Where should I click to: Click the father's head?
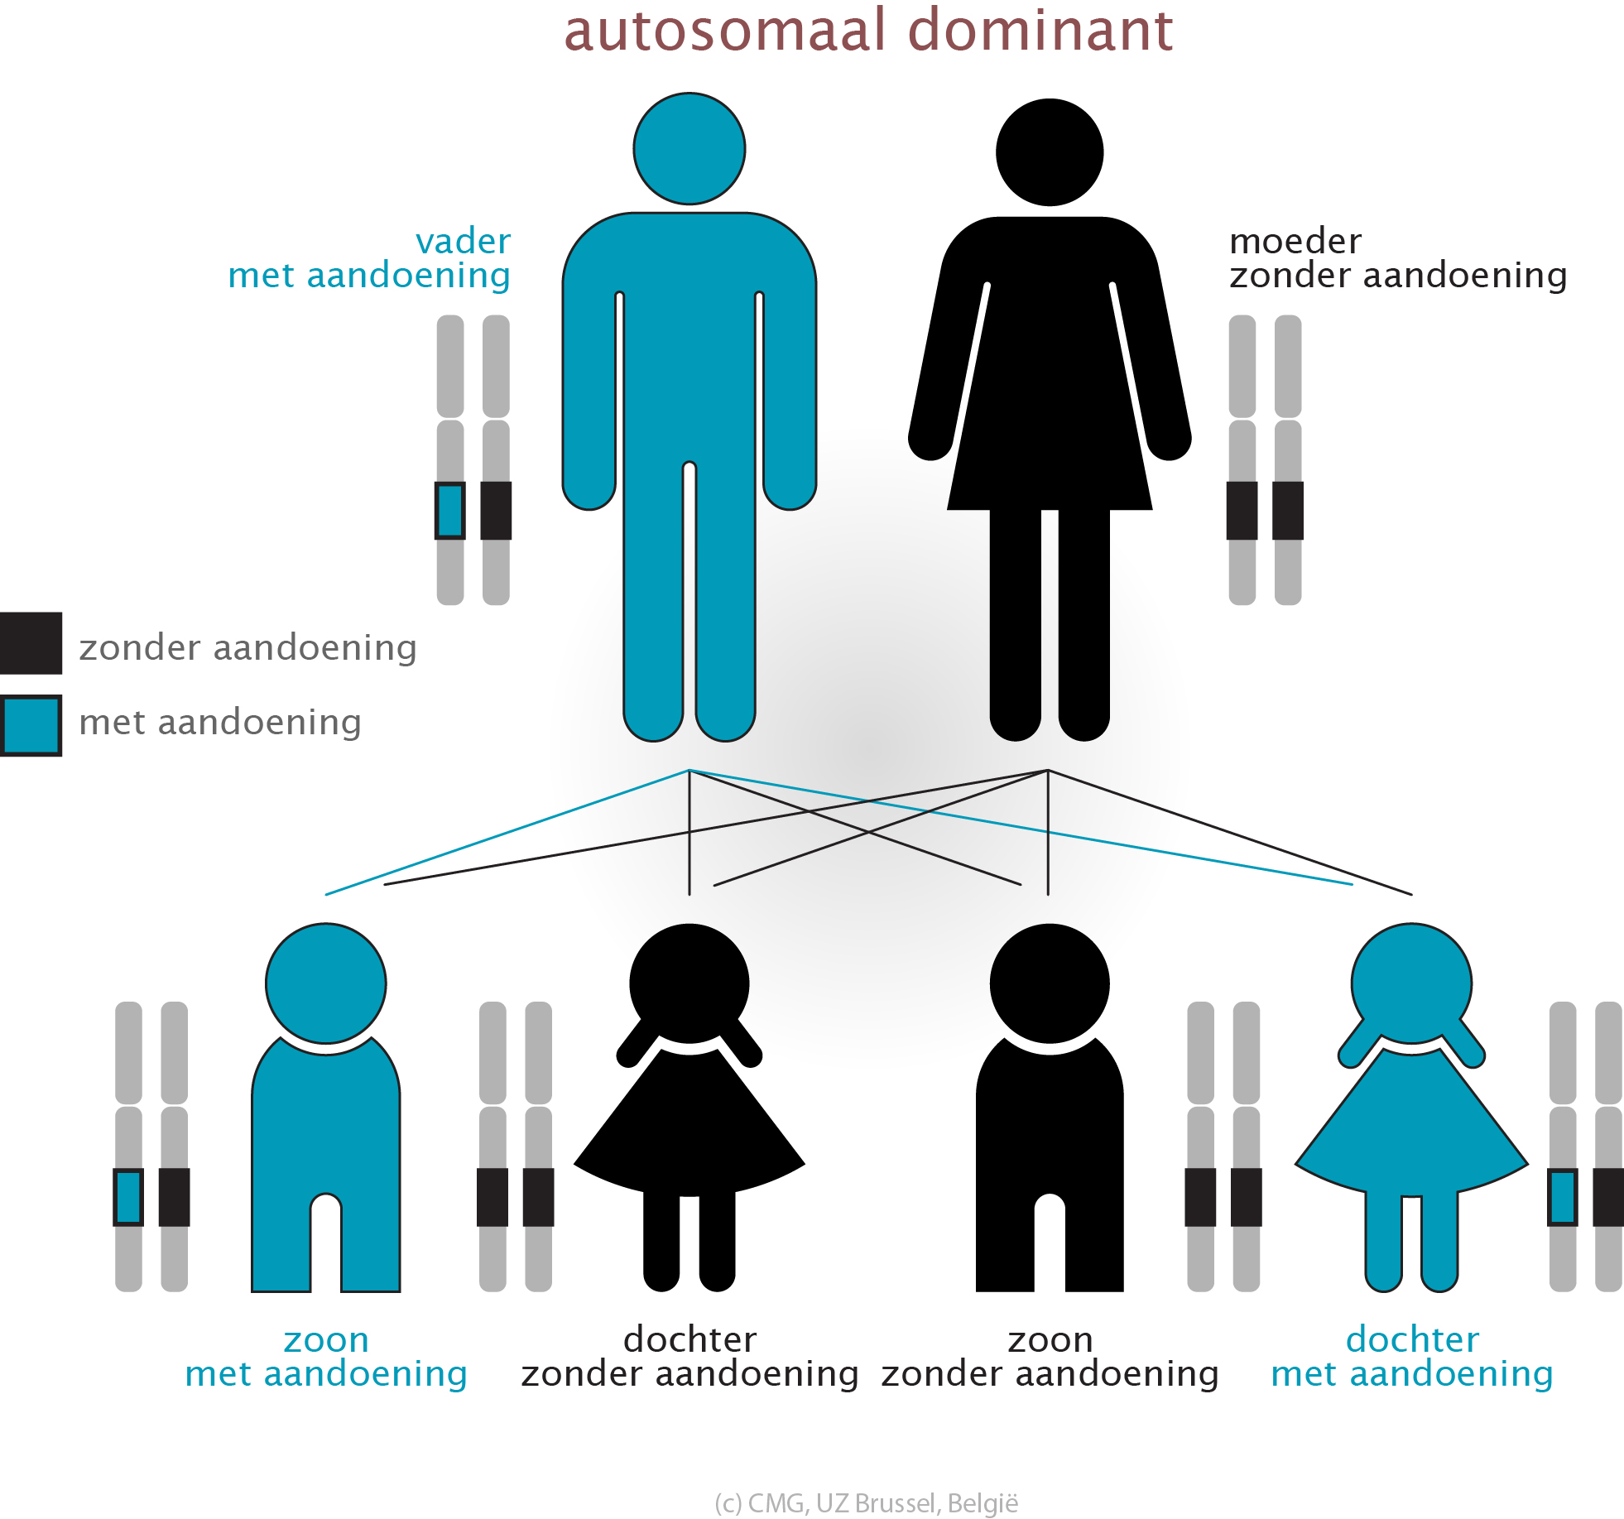point(689,149)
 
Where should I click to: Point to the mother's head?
point(1049,152)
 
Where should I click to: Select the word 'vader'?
point(463,241)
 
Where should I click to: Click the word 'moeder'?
point(1295,241)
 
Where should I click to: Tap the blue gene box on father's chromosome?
point(449,511)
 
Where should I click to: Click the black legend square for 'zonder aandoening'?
point(31,642)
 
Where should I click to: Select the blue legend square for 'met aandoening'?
point(31,725)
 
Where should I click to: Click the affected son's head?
point(325,983)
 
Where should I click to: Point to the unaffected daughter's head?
point(689,983)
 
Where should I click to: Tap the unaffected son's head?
point(1049,983)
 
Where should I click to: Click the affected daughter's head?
point(1411,983)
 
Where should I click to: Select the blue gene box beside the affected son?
point(128,1197)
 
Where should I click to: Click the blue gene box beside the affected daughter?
point(1562,1197)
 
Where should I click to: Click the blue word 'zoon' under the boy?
point(325,1340)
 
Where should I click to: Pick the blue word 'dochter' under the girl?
point(1412,1339)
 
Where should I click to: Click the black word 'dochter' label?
point(689,1339)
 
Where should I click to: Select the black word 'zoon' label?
point(1050,1340)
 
